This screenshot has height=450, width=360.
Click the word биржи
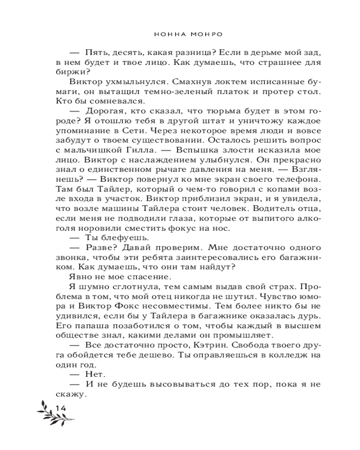click(x=63, y=72)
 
